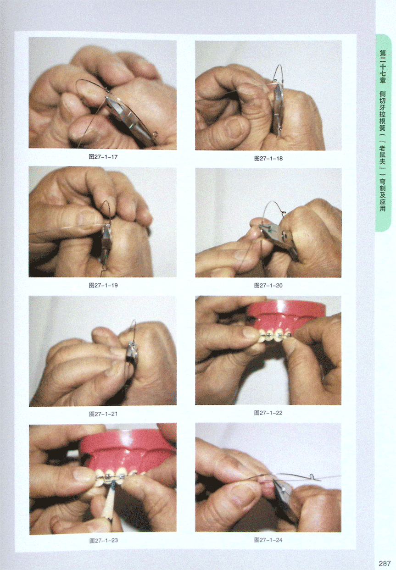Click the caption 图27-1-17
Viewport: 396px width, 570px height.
[x=103, y=157]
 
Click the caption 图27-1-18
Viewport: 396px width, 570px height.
[x=268, y=158]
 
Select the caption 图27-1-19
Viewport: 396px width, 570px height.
[x=103, y=285]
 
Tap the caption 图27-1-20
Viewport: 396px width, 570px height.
[x=268, y=286]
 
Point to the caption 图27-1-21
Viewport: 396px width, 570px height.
[x=103, y=414]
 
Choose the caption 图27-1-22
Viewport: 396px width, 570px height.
[x=268, y=413]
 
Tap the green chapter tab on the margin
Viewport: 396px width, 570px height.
[x=383, y=133]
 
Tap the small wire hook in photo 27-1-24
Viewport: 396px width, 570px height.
[x=312, y=476]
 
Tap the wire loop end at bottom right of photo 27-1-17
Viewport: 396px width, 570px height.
[x=156, y=133]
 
